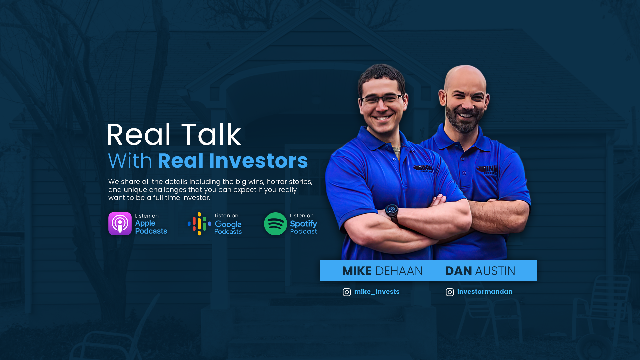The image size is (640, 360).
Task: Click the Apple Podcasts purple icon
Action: click(120, 224)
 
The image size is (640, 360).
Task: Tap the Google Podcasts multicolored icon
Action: click(199, 224)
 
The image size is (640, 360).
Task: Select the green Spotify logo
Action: click(275, 224)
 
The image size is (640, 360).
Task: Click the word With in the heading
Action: click(130, 161)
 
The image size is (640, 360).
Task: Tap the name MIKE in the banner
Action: click(357, 271)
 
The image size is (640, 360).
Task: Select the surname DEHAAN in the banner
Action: click(399, 271)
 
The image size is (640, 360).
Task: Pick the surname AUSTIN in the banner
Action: click(495, 271)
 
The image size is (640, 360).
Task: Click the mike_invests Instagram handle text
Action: click(377, 292)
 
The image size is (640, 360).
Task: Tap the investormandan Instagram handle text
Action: click(485, 292)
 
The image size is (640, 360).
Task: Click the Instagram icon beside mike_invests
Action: click(347, 292)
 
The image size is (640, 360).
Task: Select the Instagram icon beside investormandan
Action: click(450, 292)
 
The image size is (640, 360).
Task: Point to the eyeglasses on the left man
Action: click(382, 99)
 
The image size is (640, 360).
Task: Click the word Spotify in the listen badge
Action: click(303, 224)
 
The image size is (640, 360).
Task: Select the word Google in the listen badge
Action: click(228, 224)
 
